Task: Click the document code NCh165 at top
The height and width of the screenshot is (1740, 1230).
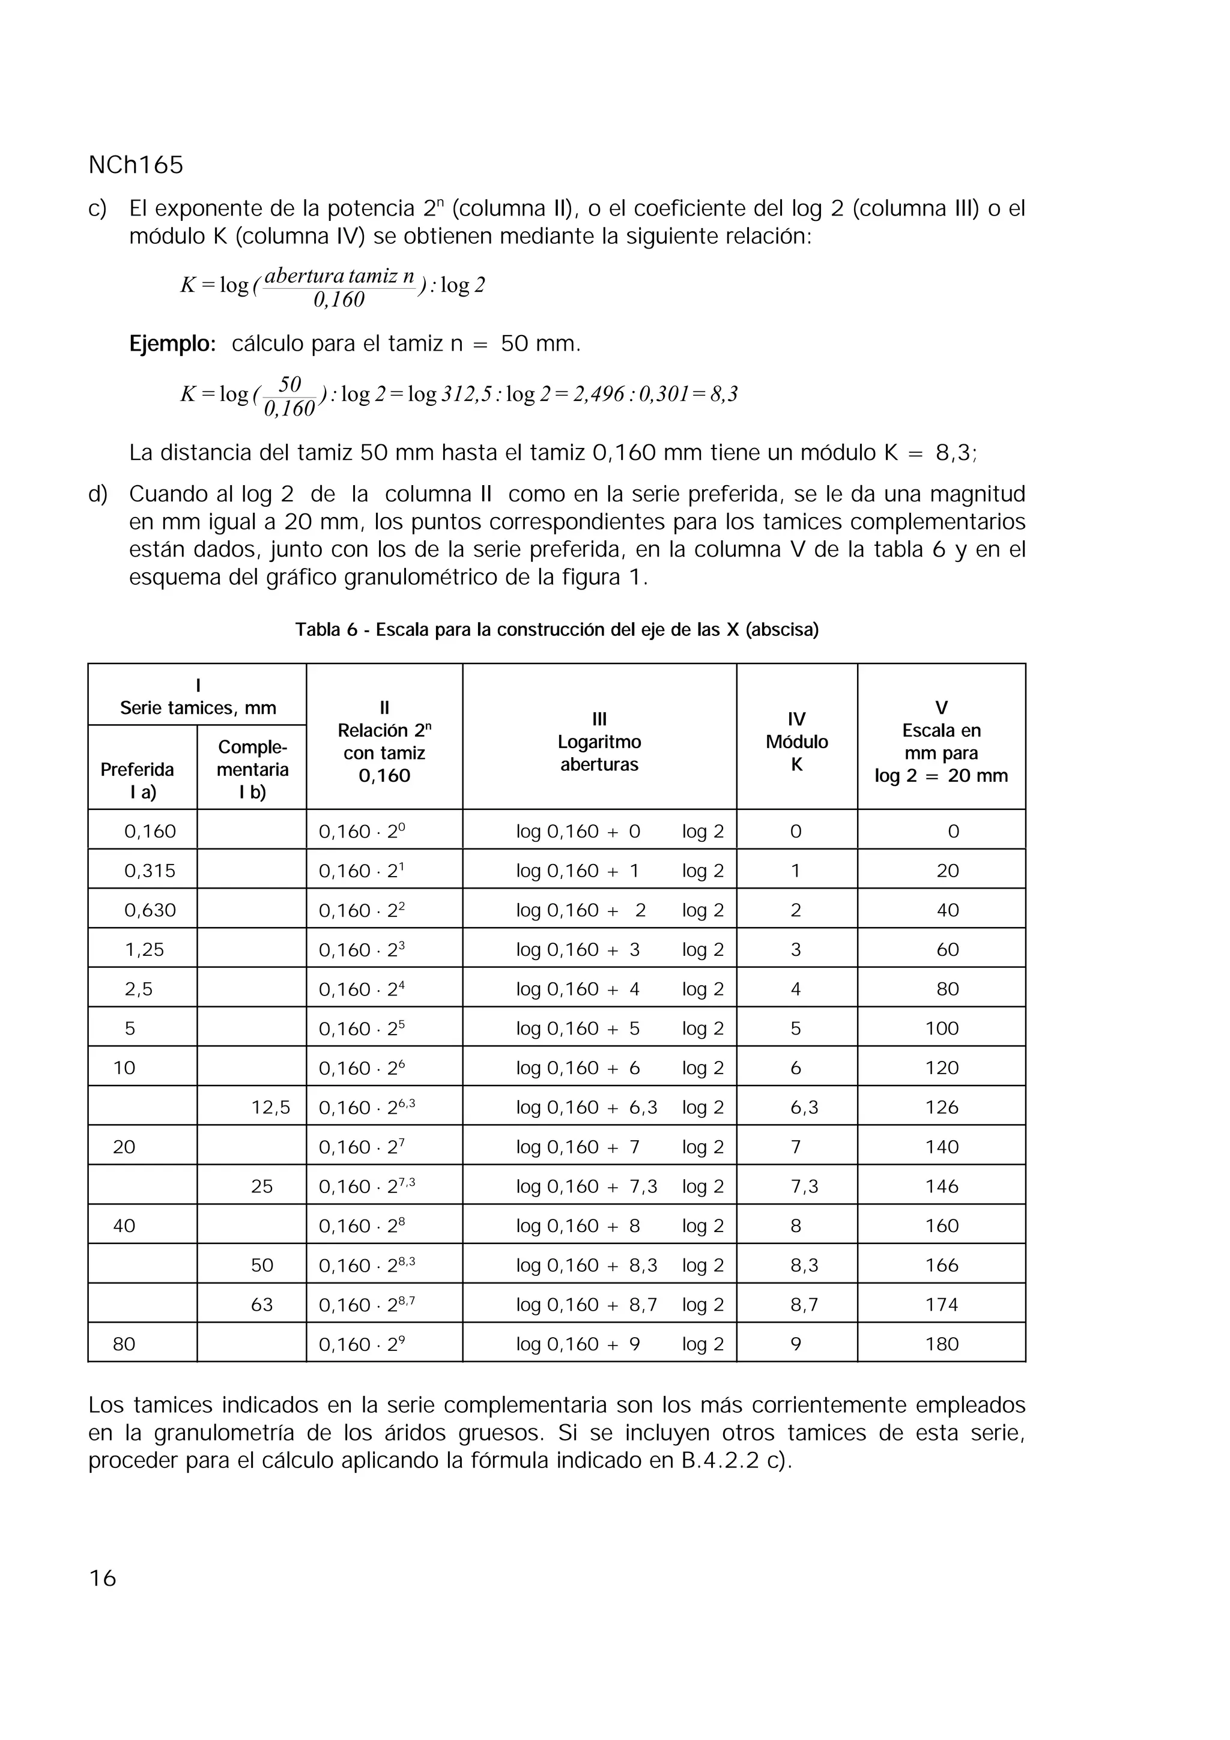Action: coord(136,165)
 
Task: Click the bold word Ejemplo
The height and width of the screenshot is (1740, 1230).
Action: coord(172,344)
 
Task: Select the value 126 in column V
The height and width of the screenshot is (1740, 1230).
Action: coord(941,1107)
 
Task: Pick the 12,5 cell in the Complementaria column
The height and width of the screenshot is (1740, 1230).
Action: coord(270,1107)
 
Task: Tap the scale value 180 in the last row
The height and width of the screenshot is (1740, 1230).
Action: coord(941,1344)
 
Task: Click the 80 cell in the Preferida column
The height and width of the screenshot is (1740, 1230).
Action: coord(124,1344)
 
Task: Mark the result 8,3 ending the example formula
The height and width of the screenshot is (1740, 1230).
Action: coord(724,394)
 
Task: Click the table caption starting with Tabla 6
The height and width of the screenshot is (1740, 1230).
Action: coord(556,630)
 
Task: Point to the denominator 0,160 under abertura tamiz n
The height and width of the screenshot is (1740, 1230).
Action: coord(339,301)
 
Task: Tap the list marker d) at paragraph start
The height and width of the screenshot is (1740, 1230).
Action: coord(98,494)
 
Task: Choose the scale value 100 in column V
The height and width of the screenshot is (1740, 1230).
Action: coord(941,1029)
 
